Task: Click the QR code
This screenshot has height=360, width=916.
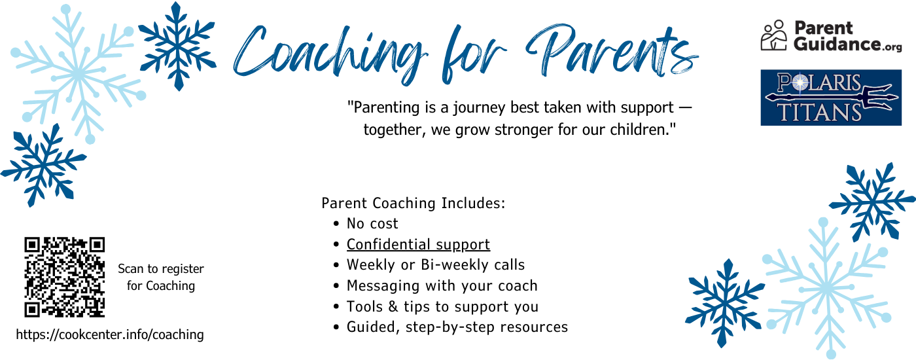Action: coord(65,277)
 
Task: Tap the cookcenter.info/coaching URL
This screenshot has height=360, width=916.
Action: coord(110,334)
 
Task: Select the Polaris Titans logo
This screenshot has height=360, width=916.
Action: coord(831,98)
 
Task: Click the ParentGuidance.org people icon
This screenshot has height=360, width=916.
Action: coord(773,35)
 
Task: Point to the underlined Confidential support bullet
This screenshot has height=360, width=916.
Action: coord(418,244)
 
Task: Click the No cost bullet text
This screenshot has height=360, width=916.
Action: coord(372,223)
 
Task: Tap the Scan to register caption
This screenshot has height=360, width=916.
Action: coord(161,277)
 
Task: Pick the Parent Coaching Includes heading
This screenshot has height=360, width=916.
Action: coord(414,203)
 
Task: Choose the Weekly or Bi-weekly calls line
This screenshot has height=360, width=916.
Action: coord(436,264)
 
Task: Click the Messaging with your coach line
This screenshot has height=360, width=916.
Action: coord(442,285)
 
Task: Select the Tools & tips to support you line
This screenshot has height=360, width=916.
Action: coord(442,306)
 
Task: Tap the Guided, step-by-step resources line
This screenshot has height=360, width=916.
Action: coord(457,327)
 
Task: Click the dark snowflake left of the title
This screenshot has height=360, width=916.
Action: coord(177,46)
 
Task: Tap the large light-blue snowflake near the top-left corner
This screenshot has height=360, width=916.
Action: coord(78,73)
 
